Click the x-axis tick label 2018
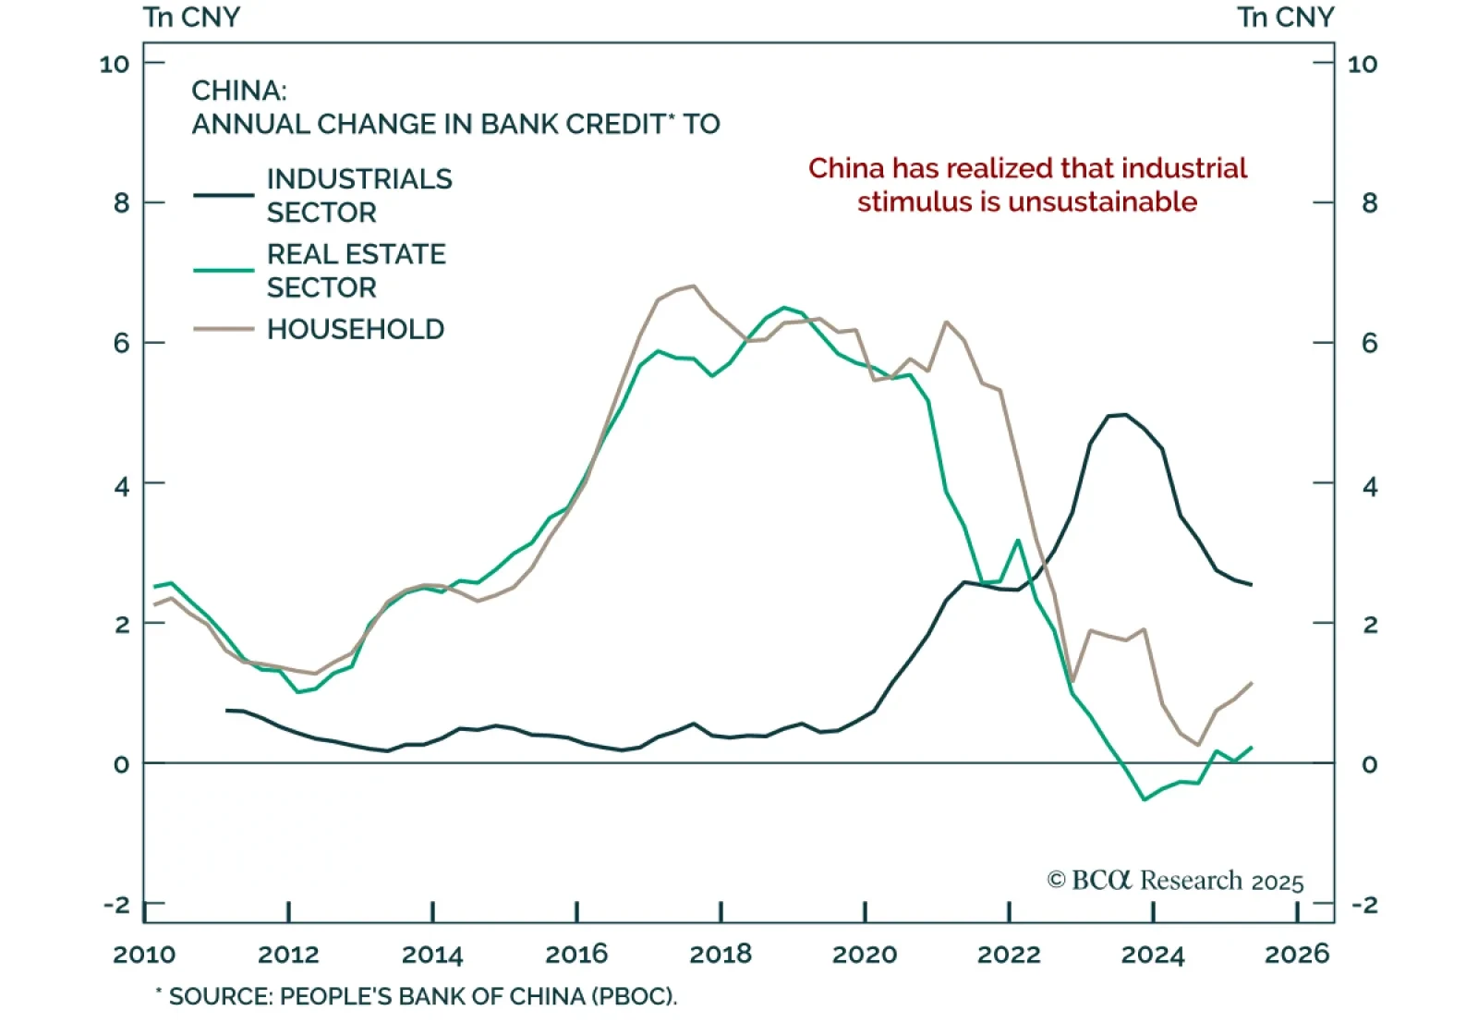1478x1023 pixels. coord(721,954)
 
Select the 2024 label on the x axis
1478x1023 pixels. coord(1153,954)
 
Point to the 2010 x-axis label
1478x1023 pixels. coord(144,954)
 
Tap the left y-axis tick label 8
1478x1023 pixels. coord(122,203)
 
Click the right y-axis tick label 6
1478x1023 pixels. coord(1369,344)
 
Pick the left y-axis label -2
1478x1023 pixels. coord(117,905)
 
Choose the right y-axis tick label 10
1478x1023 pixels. coord(1363,64)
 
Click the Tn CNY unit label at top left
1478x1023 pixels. coord(191,18)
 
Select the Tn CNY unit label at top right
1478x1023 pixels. coord(1286,18)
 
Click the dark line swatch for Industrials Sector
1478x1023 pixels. coord(224,195)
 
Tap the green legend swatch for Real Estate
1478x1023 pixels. coord(224,270)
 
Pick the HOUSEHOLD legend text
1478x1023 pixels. coord(356,329)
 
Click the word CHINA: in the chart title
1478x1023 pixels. coord(239,91)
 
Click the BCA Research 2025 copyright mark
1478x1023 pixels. coord(1175,880)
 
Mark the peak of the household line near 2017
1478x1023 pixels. coord(694,286)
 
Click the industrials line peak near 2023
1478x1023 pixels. coord(1124,415)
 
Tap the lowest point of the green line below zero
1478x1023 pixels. coord(1145,799)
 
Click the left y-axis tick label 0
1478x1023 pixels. coord(122,764)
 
